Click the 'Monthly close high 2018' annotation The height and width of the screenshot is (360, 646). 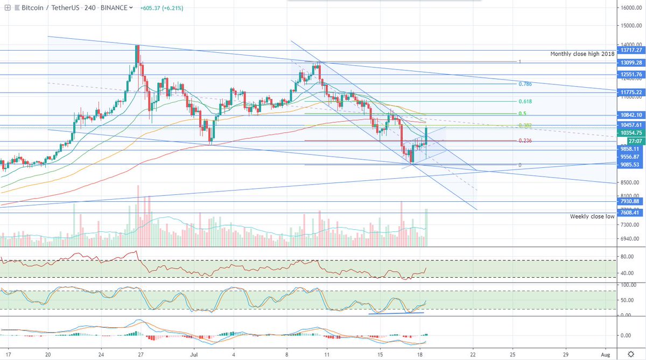click(582, 54)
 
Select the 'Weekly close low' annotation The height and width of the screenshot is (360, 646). click(592, 216)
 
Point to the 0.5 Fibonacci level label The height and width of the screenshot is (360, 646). click(522, 114)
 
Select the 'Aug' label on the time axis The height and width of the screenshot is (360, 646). click(605, 355)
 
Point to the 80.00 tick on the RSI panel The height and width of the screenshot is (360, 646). click(626, 257)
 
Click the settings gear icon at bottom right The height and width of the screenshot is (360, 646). click(631, 354)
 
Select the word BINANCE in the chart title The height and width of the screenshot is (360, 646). click(114, 8)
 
